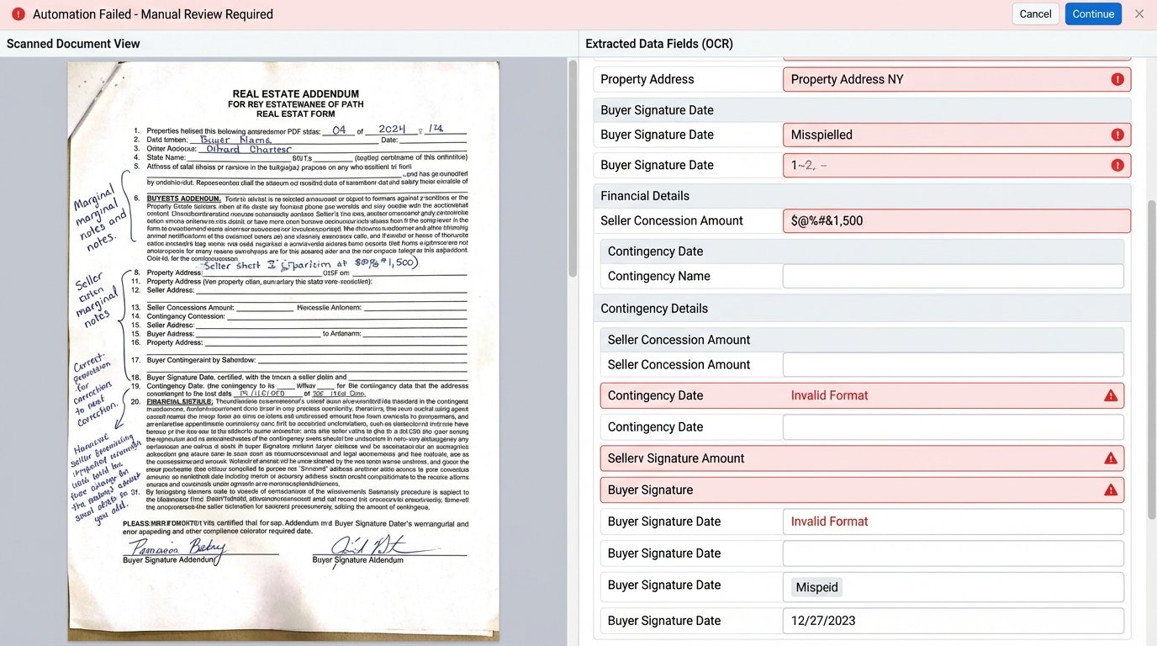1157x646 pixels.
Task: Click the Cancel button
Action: [x=1035, y=14]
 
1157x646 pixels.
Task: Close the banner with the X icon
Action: [x=1139, y=13]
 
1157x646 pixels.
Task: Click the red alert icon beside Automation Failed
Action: [x=18, y=14]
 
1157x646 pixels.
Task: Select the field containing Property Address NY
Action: [x=956, y=79]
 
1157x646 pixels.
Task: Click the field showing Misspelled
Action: [x=956, y=135]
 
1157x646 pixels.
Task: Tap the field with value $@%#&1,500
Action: [x=956, y=220]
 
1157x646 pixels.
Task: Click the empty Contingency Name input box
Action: [x=953, y=276]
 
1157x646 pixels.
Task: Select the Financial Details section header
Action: [x=645, y=196]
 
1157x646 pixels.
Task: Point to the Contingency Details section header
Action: [x=654, y=309]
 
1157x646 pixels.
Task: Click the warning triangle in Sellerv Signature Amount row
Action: [x=1110, y=458]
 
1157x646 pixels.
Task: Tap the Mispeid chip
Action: [x=816, y=587]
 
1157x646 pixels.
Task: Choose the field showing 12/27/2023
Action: [x=953, y=621]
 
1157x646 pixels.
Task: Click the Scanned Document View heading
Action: [x=73, y=44]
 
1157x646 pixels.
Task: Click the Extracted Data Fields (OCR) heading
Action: [x=659, y=44]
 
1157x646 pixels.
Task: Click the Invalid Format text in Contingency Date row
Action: [x=829, y=395]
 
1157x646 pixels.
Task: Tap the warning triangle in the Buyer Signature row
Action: [x=1110, y=490]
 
